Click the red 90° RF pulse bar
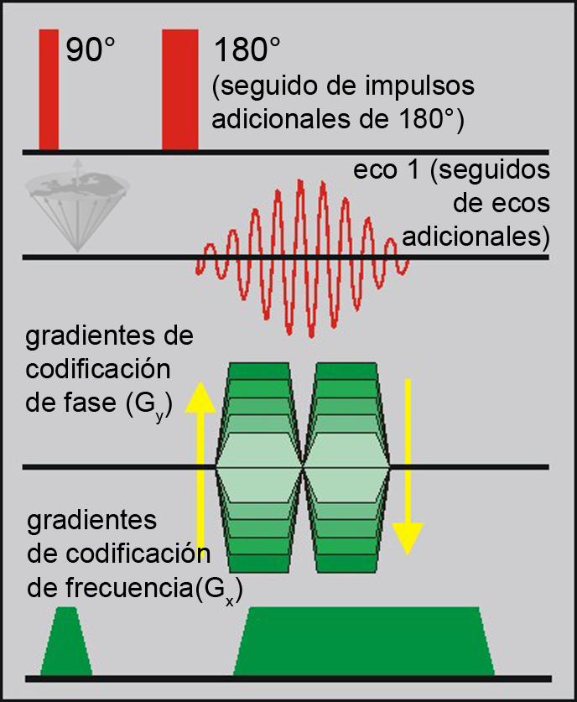pyautogui.click(x=49, y=88)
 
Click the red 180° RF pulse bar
pyautogui.click(x=179, y=88)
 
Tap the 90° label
pyautogui.click(x=90, y=52)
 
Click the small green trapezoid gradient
pyautogui.click(x=65, y=642)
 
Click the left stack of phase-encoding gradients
pyautogui.click(x=259, y=467)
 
